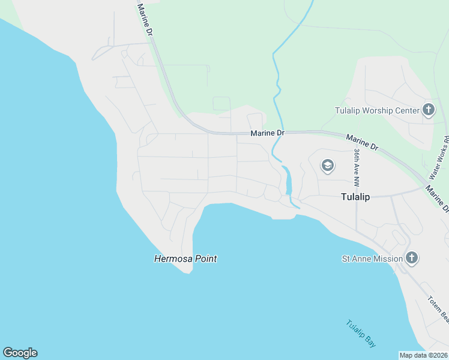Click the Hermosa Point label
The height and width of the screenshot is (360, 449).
[185, 259]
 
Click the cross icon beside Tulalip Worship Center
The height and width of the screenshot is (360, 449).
[429, 110]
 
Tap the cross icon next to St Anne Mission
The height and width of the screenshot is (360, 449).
[412, 259]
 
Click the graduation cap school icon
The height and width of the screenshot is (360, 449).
[327, 166]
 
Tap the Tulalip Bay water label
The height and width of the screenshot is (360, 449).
[361, 334]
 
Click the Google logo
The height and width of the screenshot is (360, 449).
[20, 353]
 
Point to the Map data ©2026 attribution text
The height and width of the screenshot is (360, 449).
[423, 355]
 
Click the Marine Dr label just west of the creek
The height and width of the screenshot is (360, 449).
[268, 133]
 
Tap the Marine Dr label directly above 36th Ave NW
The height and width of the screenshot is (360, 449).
[362, 142]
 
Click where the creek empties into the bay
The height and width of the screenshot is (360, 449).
[296, 206]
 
